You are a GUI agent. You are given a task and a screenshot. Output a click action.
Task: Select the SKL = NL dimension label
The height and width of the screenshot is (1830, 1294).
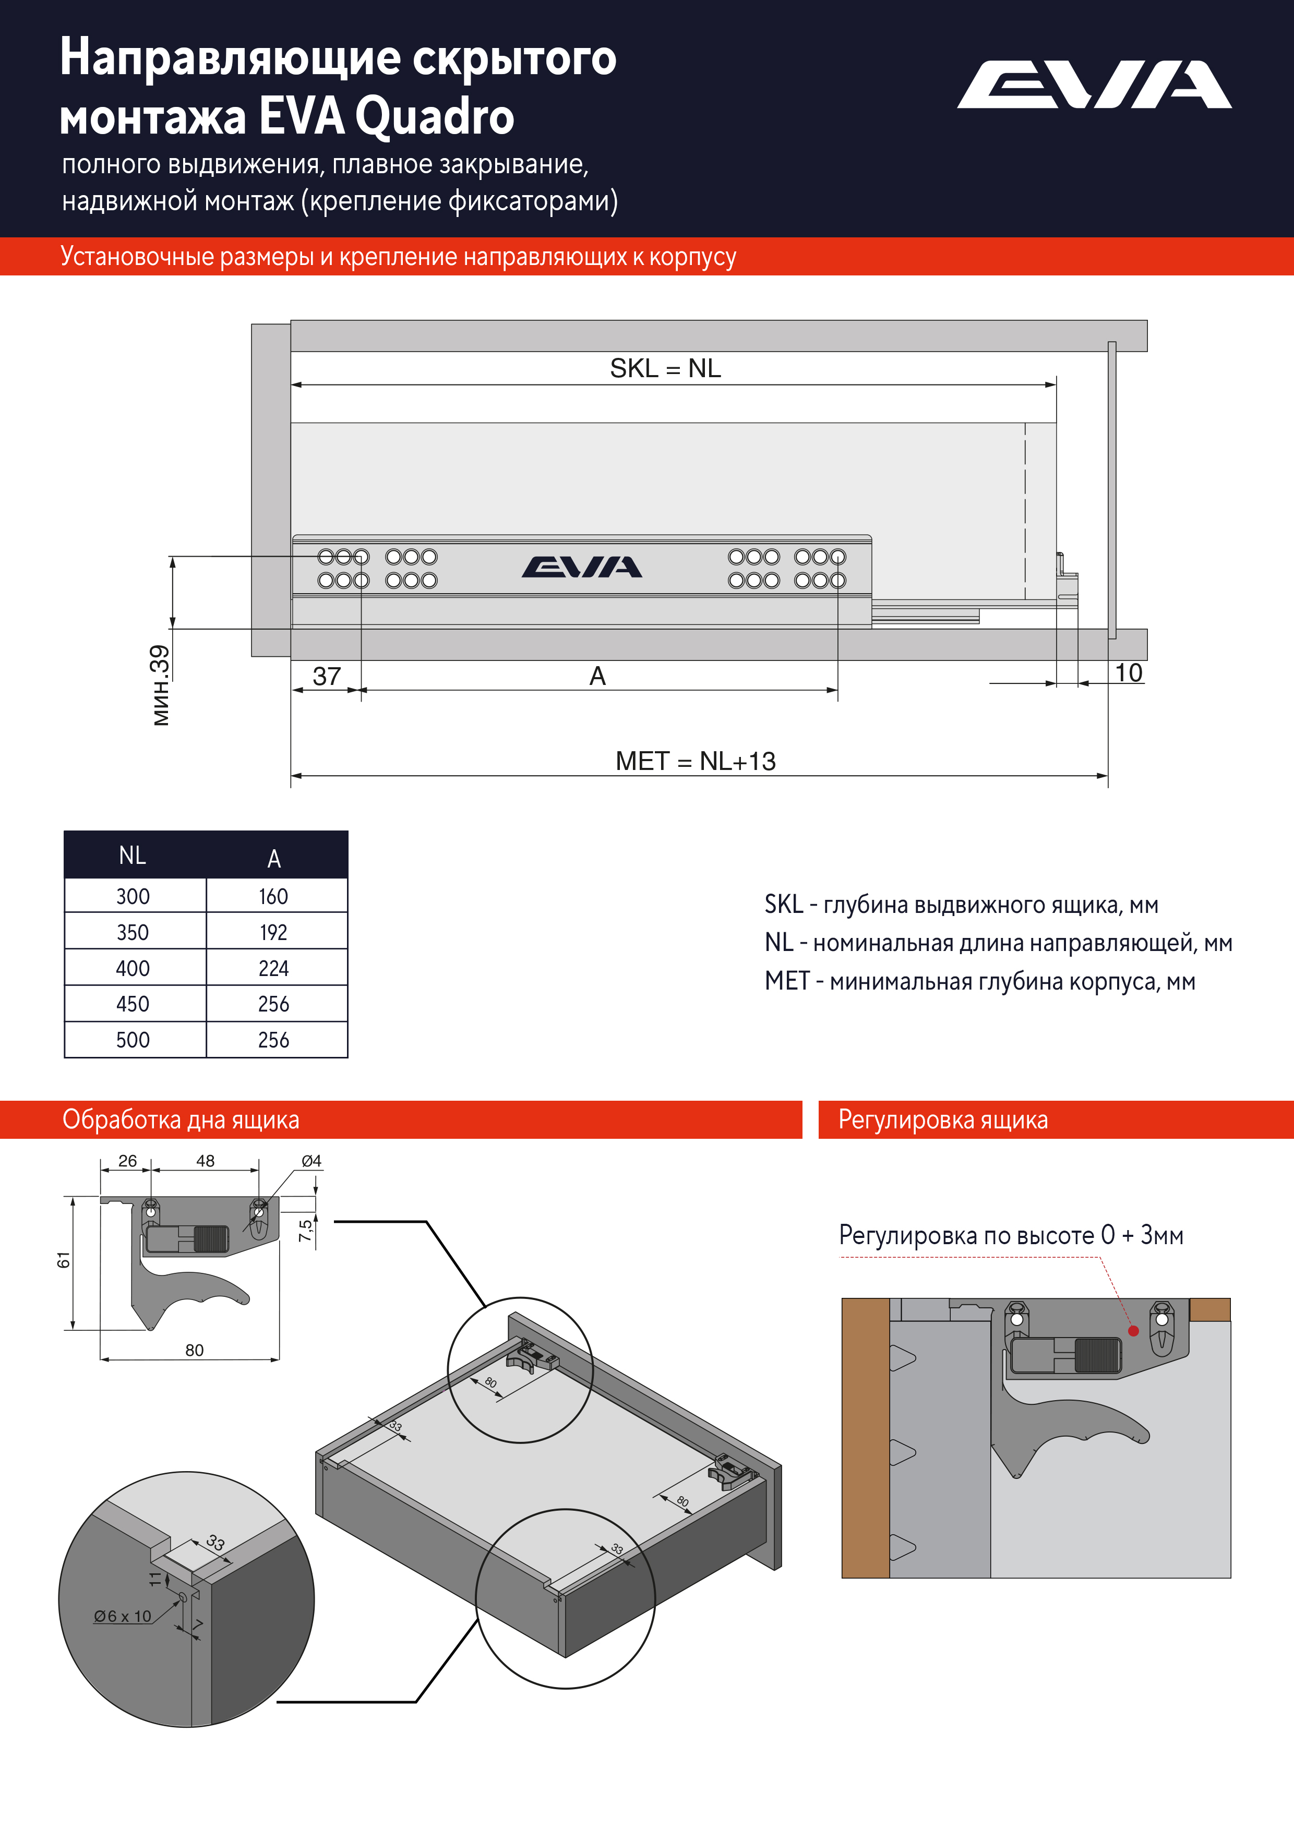[x=665, y=368]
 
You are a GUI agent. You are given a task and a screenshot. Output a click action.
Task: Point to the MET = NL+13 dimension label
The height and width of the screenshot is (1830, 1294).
[x=695, y=761]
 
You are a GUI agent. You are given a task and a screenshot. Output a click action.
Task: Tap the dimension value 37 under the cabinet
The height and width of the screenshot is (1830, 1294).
[x=326, y=676]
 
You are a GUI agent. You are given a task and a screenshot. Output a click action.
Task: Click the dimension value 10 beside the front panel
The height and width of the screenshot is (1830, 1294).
[x=1128, y=673]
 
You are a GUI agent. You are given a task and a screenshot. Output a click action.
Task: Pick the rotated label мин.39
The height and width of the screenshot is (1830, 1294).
[x=160, y=685]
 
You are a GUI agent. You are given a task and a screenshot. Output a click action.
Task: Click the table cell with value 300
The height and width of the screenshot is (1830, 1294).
[x=133, y=897]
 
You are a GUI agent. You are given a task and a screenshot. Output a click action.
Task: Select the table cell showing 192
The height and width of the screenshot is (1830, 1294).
[x=273, y=933]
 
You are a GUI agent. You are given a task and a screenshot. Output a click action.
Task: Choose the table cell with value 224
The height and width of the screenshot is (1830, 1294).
[x=273, y=968]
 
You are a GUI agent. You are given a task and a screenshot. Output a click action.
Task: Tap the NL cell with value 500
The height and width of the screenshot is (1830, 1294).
[x=133, y=1040]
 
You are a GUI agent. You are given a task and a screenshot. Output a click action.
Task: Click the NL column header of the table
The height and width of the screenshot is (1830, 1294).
[x=133, y=855]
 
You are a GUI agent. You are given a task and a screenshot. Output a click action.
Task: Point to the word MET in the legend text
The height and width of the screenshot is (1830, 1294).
[x=786, y=981]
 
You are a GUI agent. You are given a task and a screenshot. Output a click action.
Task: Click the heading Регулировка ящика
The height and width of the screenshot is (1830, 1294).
[x=942, y=1120]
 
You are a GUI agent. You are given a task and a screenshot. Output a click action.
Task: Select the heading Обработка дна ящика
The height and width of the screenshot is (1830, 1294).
[x=181, y=1120]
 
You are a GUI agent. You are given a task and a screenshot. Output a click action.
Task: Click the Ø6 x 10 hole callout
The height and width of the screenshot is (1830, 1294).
[x=122, y=1617]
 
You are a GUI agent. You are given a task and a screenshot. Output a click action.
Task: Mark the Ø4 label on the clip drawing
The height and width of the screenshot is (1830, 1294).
[x=311, y=1161]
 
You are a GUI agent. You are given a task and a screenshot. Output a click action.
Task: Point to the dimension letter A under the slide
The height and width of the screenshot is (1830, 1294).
[x=597, y=676]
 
